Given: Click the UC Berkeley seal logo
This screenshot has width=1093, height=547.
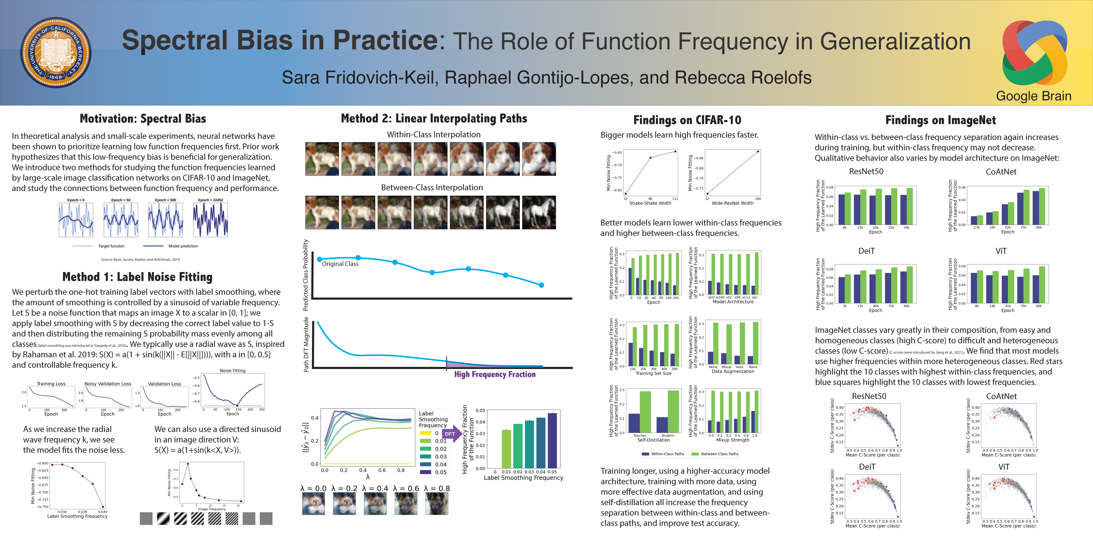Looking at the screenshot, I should coord(56,53).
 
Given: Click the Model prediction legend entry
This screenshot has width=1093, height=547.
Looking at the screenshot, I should coord(183,246).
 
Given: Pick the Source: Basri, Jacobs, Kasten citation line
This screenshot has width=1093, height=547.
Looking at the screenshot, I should coord(140,259).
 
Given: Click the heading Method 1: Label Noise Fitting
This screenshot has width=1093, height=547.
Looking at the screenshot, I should coord(137,277).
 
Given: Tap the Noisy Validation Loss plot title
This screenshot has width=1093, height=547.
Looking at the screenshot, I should coord(108,384).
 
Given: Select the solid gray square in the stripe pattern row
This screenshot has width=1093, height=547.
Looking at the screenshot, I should coord(146,519).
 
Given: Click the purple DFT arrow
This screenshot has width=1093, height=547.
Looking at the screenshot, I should coord(452,434).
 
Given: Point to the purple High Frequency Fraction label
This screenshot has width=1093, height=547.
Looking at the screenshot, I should coord(495,374).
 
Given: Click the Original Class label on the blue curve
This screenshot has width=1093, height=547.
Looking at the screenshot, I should coord(340,264).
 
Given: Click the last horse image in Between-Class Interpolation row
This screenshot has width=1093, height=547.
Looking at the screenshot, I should coord(539,212).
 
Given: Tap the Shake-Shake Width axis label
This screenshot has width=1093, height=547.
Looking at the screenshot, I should coord(650,203).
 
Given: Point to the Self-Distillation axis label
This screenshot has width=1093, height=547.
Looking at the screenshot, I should coord(653,440).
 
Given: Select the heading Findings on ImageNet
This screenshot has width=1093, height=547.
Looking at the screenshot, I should coord(940,120).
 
